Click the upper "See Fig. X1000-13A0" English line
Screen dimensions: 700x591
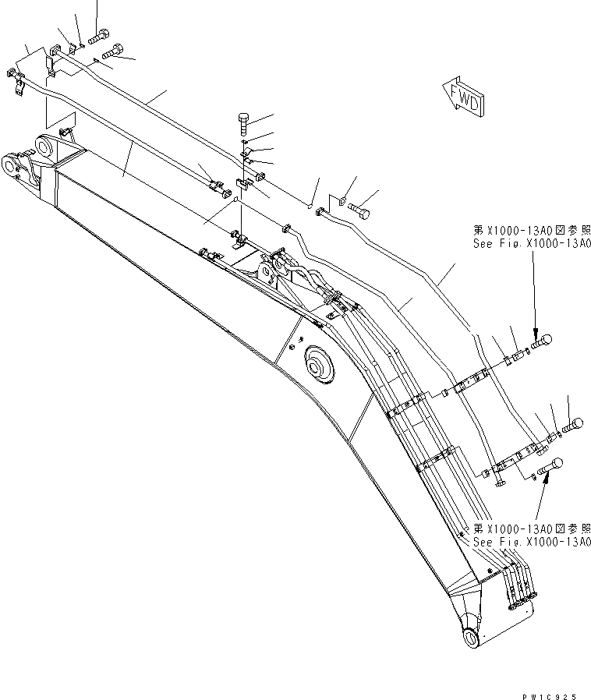[x=533, y=243]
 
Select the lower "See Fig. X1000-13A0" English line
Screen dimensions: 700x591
[x=533, y=543]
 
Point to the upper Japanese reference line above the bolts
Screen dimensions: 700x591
[x=533, y=231]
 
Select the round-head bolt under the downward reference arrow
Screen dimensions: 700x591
[x=540, y=341]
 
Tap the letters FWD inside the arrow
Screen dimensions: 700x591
[x=466, y=101]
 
